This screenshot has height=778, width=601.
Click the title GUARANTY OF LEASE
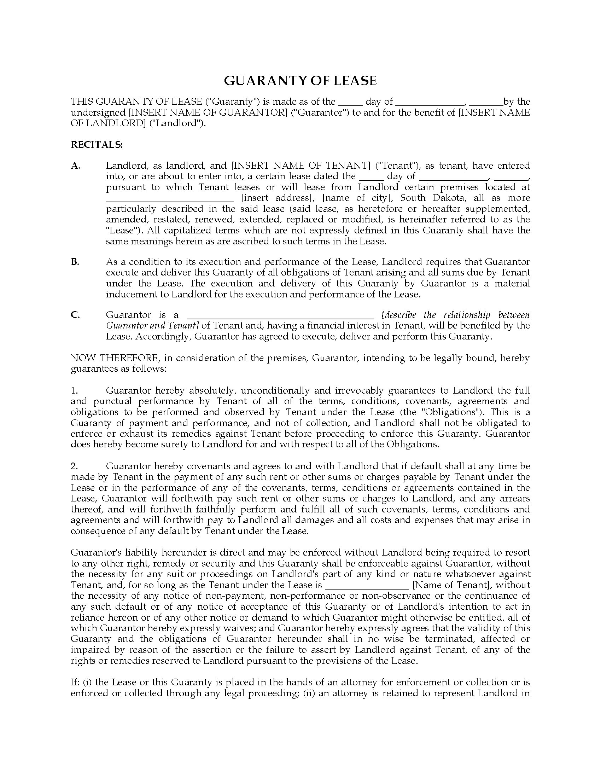click(x=300, y=81)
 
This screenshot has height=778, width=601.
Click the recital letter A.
click(x=76, y=166)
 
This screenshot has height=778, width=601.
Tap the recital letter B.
click(x=75, y=262)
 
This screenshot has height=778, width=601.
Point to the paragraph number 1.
click(x=74, y=391)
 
